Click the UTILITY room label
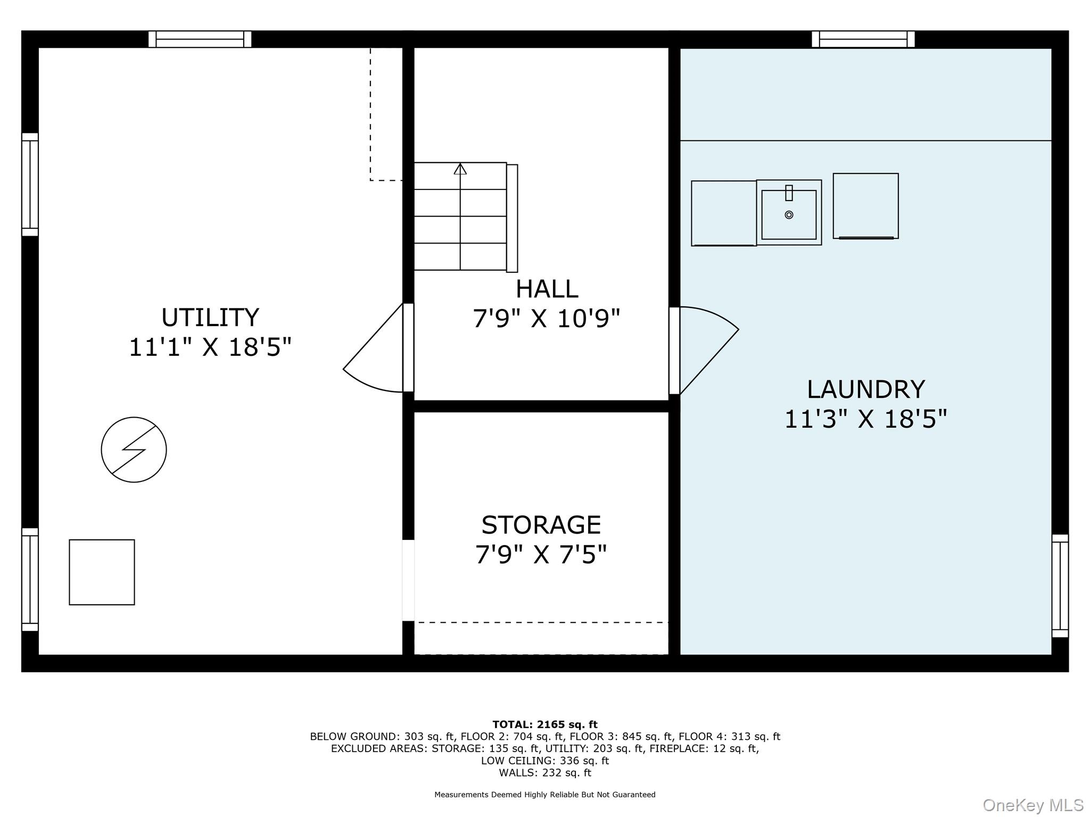coord(210,318)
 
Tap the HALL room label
coord(547,289)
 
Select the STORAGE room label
coord(541,525)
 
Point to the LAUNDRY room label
coord(866,389)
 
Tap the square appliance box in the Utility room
coord(102,572)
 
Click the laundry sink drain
coord(789,215)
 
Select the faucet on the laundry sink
coord(789,193)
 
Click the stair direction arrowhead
coord(460,169)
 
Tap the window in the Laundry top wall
coord(863,39)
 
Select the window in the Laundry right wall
coord(1060,586)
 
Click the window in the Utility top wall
coord(200,39)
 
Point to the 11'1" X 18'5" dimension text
coord(210,348)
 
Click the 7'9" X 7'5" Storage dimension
coord(541,555)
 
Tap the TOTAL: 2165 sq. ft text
coord(545,724)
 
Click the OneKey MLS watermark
coord(1033,805)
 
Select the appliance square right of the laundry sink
coord(866,206)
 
